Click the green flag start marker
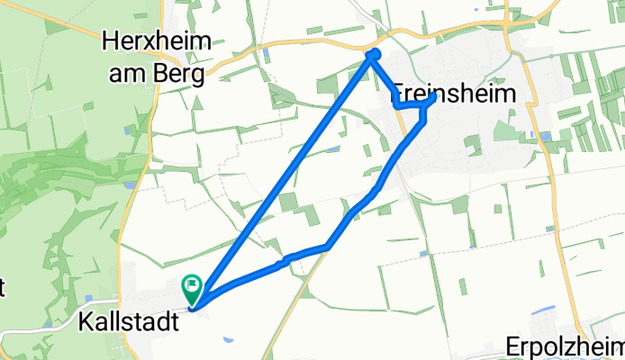[193, 288]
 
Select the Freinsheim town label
[454, 95]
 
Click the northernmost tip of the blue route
[373, 55]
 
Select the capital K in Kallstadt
[85, 320]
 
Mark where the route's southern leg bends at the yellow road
[328, 245]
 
